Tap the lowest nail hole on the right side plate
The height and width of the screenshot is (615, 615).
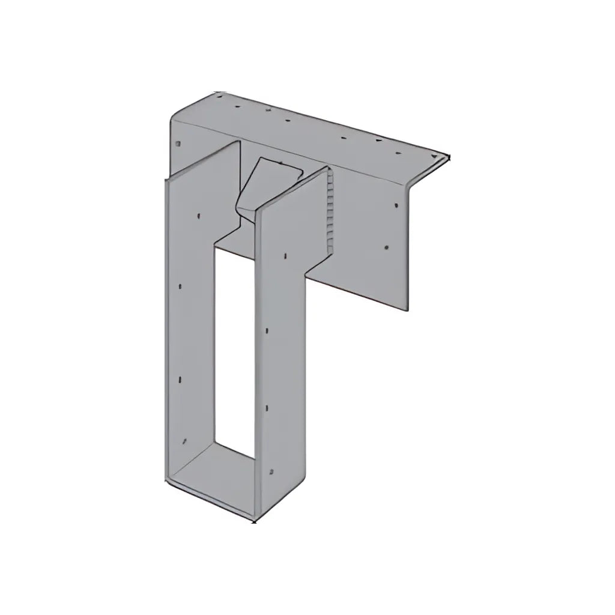coord(271,471)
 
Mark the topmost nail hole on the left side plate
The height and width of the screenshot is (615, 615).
coord(198,214)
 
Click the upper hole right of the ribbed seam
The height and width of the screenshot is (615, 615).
coord(396,206)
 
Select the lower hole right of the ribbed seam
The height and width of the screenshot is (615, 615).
coord(387,247)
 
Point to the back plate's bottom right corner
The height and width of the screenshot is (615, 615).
coord(409,311)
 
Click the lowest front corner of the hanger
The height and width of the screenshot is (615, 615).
coord(255,520)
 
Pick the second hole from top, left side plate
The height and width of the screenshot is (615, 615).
coord(181,286)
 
